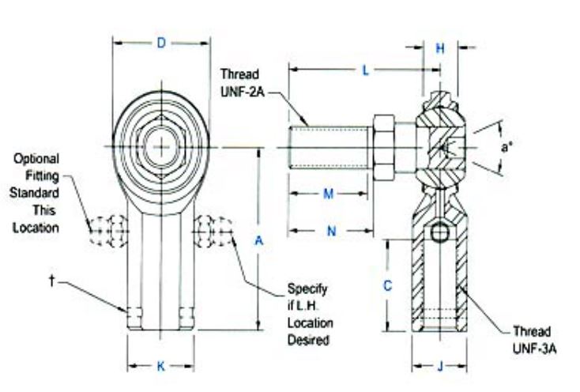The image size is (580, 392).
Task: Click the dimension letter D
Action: tap(161, 43)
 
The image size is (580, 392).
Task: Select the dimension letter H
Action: tap(440, 48)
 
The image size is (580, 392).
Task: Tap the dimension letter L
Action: tap(365, 70)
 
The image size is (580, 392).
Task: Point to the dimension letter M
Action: tap(329, 194)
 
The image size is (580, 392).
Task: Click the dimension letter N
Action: tap(331, 232)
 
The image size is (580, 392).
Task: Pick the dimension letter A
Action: tap(259, 241)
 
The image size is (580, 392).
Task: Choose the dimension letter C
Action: tap(387, 285)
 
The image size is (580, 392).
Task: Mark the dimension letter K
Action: tap(161, 367)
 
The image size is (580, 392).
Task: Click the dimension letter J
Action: tap(440, 367)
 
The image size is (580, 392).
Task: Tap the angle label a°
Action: tap(506, 147)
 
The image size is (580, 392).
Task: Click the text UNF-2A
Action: tap(243, 92)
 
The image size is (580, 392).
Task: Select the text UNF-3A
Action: tap(534, 349)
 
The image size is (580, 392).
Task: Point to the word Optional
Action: tap(36, 159)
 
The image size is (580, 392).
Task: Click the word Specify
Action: tap(307, 288)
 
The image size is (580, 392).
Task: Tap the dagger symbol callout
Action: tap(52, 281)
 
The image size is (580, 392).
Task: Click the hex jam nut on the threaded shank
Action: tap(383, 147)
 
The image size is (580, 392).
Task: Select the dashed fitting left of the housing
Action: tap(110, 231)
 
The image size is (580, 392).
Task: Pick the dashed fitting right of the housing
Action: tap(213, 231)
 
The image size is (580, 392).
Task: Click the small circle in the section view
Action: tap(440, 232)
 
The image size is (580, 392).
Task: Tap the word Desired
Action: tap(308, 340)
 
